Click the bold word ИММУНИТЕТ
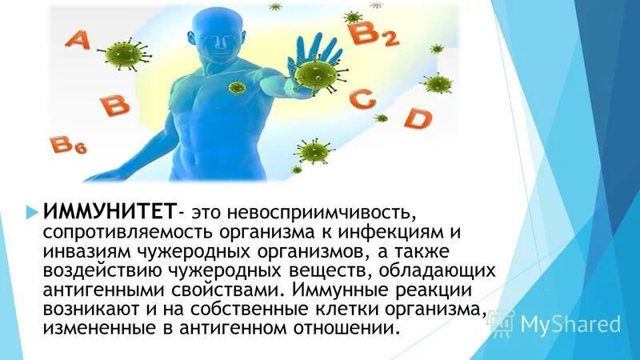[x=109, y=213]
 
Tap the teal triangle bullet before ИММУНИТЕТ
[x=31, y=212]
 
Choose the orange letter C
[x=364, y=100]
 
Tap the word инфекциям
[x=387, y=232]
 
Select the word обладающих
[x=442, y=270]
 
